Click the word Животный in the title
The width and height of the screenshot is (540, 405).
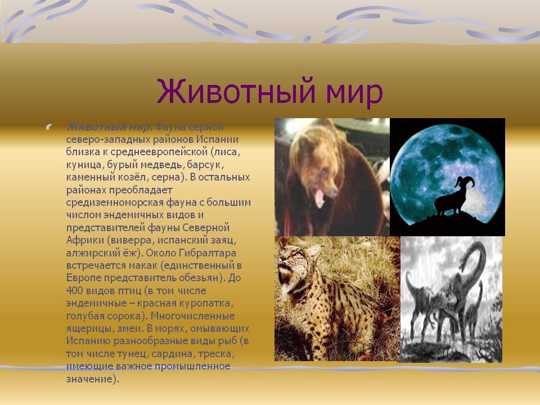(236, 91)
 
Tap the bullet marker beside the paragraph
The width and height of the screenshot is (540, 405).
(49, 128)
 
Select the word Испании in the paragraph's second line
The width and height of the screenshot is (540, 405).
(218, 139)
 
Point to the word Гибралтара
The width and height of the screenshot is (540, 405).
(208, 253)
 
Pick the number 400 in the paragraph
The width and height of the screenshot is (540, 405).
(74, 290)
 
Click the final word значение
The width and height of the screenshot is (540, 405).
(89, 379)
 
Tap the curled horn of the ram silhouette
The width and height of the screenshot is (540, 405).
(466, 181)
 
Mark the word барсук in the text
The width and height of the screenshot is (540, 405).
(205, 165)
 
